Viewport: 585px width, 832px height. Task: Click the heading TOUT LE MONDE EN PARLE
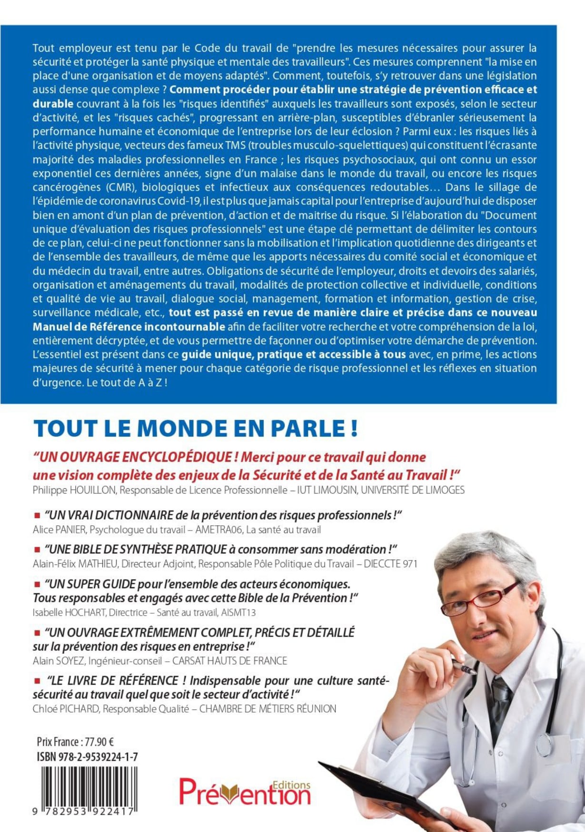pos(195,429)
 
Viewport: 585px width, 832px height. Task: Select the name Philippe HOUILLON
pos(74,490)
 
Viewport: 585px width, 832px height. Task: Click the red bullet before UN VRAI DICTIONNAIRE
pos(37,515)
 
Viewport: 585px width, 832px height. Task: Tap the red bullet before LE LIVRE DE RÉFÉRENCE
pos(37,680)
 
